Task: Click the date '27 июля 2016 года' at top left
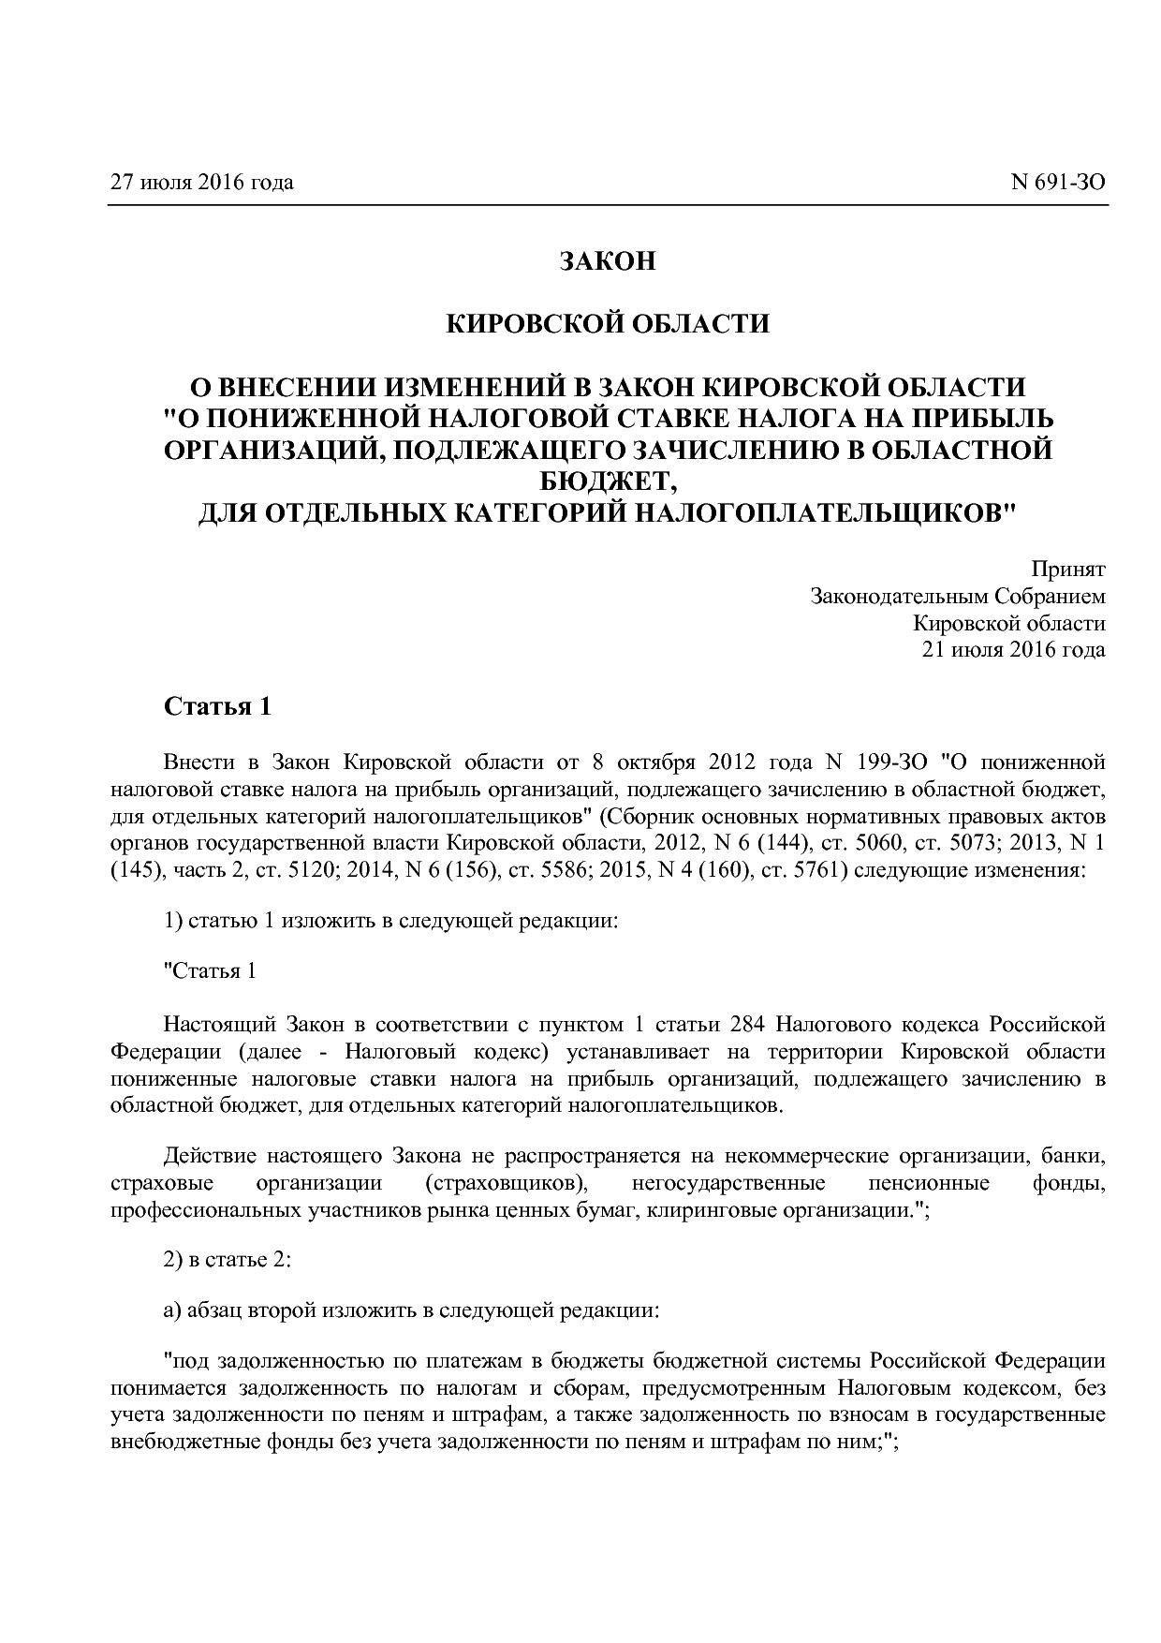pos(201,182)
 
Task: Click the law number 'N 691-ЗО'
pos(1058,182)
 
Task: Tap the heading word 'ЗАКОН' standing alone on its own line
pos(608,261)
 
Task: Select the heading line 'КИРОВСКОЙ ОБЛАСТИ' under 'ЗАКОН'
pos(608,324)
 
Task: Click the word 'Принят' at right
pos(1068,569)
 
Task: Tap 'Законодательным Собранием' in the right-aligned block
pos(957,596)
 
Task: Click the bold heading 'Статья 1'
pos(218,706)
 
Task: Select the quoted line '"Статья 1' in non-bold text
pos(210,970)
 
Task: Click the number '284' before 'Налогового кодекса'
pos(747,1024)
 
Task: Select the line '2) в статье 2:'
pos(228,1260)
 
